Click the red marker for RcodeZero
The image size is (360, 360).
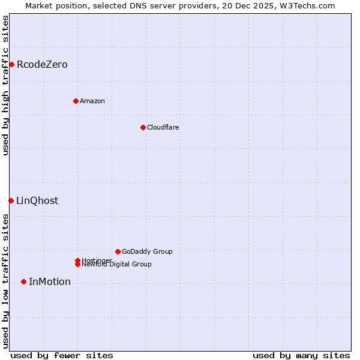tap(11, 64)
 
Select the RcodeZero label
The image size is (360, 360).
tap(42, 65)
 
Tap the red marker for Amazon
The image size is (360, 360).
tap(76, 101)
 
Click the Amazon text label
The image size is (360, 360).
tap(92, 101)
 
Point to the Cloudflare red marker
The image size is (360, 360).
tap(143, 127)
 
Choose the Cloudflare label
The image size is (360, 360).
tap(163, 127)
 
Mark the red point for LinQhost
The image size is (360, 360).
tap(11, 200)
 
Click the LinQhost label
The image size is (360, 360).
tap(37, 201)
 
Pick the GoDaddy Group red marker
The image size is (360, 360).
tap(118, 251)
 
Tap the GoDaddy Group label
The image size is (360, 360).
tap(147, 251)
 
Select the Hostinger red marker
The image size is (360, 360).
tap(77, 260)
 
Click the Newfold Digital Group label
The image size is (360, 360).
tap(117, 265)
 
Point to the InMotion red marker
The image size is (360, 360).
tap(23, 281)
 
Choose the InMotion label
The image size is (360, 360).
tap(50, 282)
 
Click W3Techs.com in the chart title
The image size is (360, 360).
tap(307, 5)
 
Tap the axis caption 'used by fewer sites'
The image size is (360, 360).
tap(62, 355)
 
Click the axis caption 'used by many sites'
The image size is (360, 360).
tap(301, 355)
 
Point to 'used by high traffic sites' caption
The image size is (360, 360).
tap(5, 85)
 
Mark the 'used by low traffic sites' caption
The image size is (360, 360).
tap(5, 281)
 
